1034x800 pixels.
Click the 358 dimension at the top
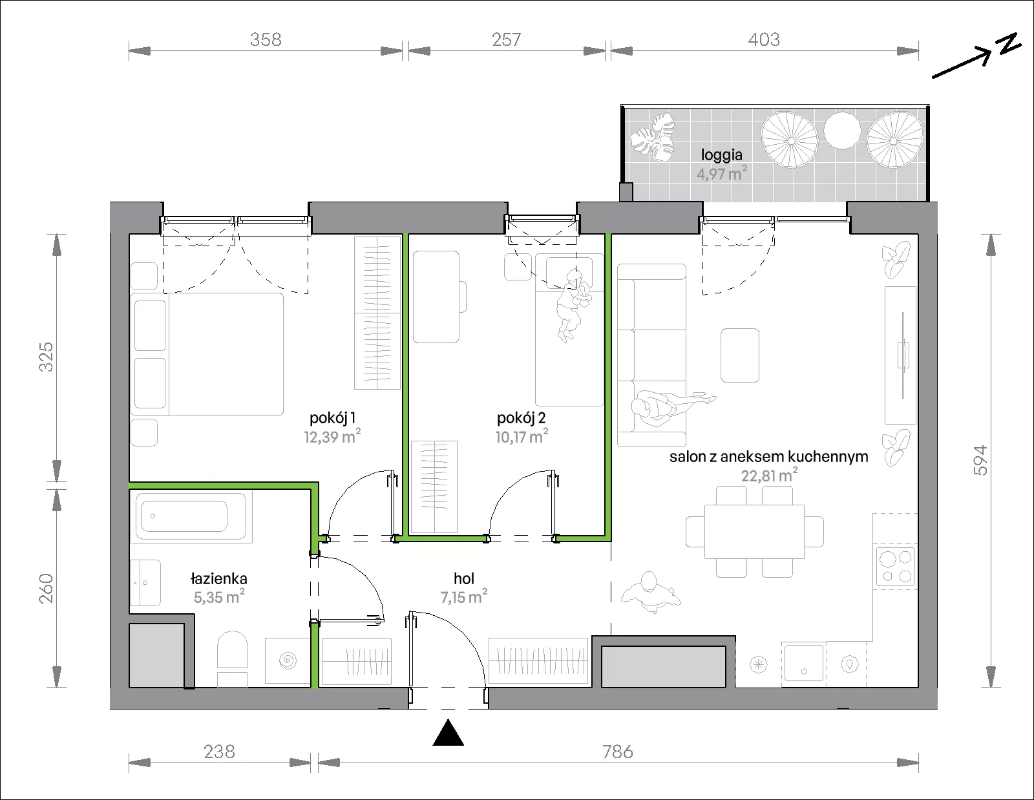tap(266, 39)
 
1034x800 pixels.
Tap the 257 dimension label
tap(506, 39)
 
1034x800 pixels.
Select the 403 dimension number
tap(764, 39)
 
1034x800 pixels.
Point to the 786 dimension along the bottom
tap(618, 752)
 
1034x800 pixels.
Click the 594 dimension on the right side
tap(981, 460)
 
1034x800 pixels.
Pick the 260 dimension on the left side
tap(46, 588)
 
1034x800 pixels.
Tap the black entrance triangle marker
tap(448, 732)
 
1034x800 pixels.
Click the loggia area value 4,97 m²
tap(721, 173)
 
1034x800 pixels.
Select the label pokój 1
tap(332, 418)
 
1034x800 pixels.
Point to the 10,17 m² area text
tap(522, 436)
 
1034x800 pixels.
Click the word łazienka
tap(219, 578)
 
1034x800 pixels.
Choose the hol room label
tap(464, 578)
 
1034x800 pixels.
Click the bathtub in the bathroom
tap(191, 516)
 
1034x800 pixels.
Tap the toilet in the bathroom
tap(233, 658)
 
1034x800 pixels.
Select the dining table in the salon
tap(754, 531)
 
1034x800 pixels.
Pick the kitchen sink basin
tap(804, 662)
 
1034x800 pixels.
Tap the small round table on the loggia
tap(842, 130)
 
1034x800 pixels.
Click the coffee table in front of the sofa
tap(739, 355)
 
